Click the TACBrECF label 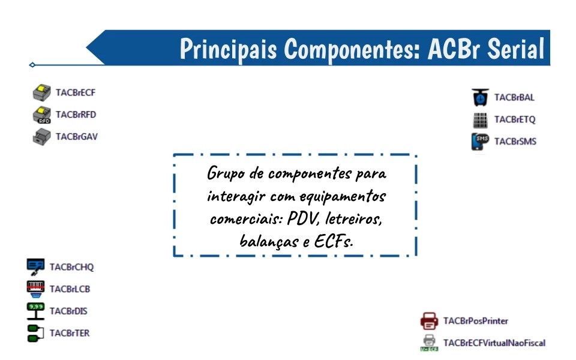(x=76, y=93)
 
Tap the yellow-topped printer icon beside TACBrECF (x=41, y=93)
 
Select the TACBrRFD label (x=76, y=115)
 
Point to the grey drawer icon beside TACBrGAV (x=41, y=137)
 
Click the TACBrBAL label (x=514, y=98)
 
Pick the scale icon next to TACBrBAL (x=480, y=97)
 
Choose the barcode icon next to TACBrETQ (x=480, y=120)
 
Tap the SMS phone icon (x=480, y=142)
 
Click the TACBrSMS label (x=515, y=142)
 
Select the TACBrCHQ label (x=71, y=267)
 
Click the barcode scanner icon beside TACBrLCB (x=35, y=289)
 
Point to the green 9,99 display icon (x=35, y=311)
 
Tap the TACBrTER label (x=70, y=333)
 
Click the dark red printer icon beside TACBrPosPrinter (x=430, y=321)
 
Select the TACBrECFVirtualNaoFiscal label (x=494, y=343)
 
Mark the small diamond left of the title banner (x=32, y=65)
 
